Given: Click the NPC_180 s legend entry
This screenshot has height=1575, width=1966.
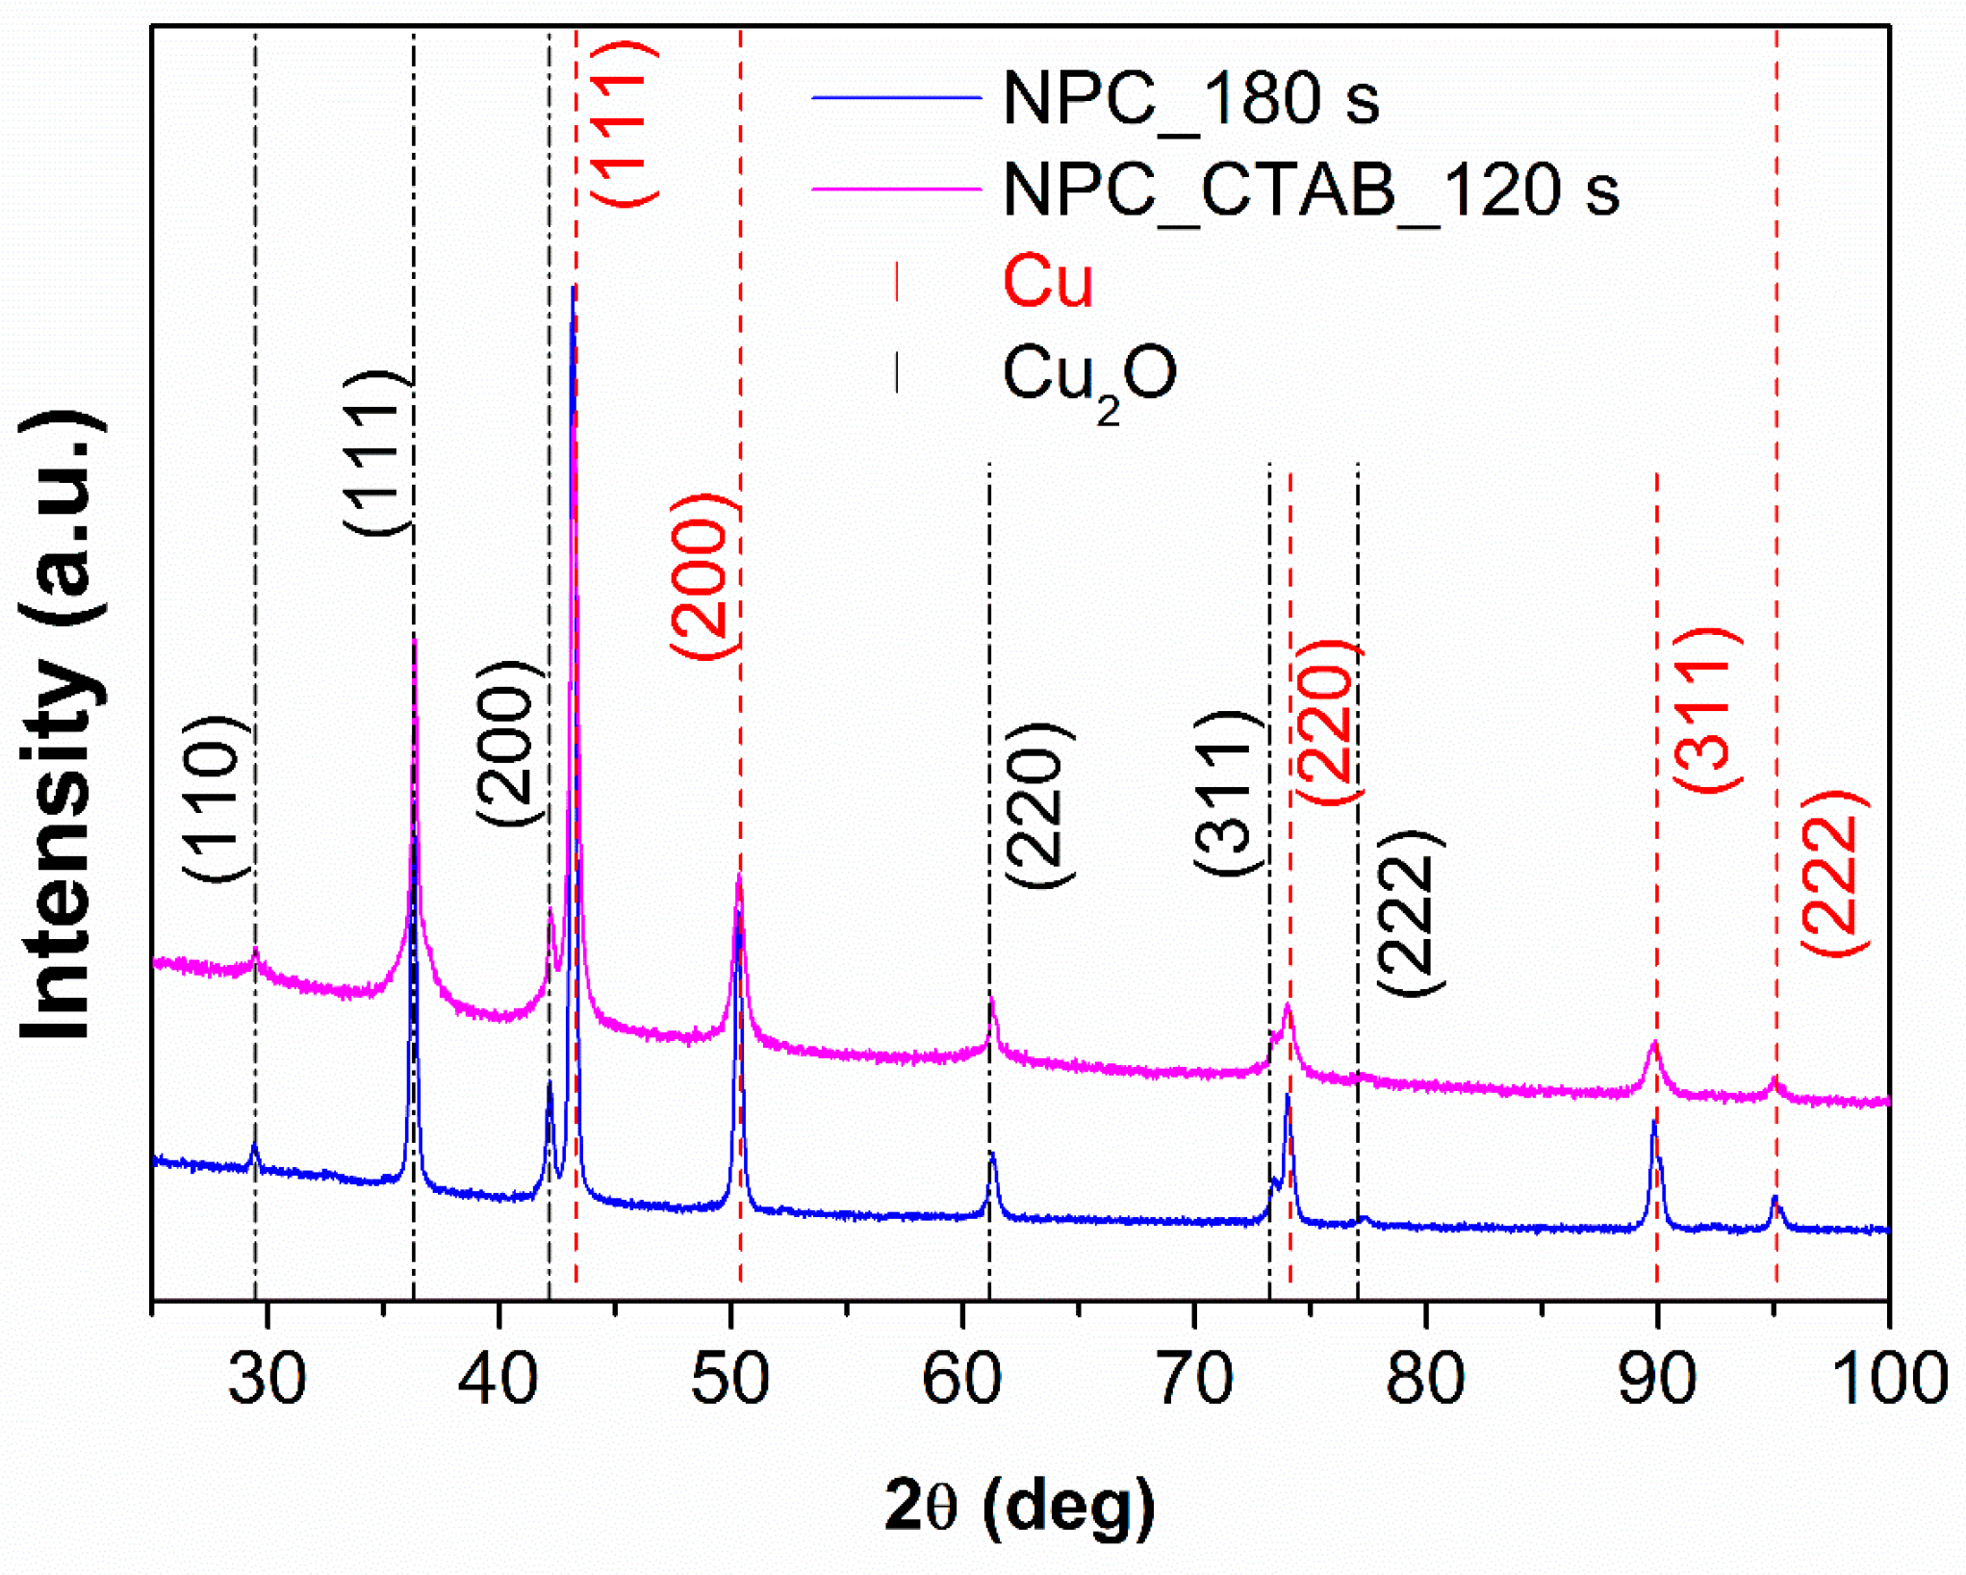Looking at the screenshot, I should (x=1190, y=98).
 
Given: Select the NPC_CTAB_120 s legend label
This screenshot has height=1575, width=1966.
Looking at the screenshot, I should (x=1311, y=190).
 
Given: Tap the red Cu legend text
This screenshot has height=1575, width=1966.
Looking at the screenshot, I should (x=1048, y=282).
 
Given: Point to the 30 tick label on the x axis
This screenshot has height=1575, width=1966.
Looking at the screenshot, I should (x=267, y=1379).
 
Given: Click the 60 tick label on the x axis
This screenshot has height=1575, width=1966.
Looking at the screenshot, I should (x=961, y=1379).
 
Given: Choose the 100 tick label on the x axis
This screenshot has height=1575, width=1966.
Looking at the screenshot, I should (x=1888, y=1379).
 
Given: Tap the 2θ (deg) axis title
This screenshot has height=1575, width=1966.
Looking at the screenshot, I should (x=1020, y=1507).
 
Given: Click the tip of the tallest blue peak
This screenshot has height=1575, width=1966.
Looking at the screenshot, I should (x=574, y=287).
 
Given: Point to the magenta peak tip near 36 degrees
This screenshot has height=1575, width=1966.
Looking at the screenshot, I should (x=414, y=640).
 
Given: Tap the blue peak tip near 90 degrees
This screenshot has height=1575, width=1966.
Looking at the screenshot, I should (x=1653, y=1122).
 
